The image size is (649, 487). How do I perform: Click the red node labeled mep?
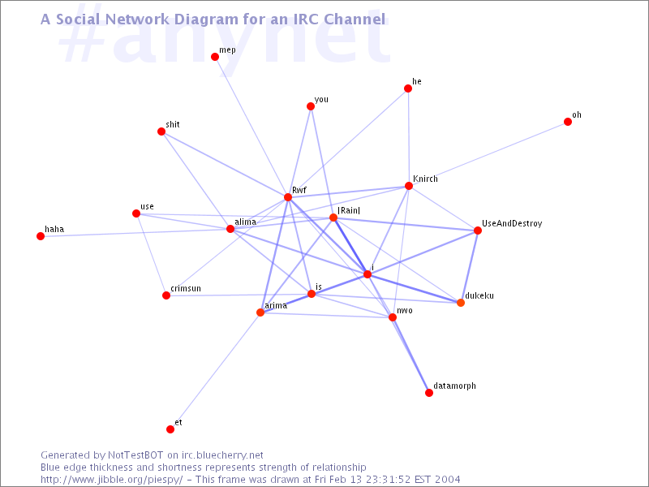tap(215, 57)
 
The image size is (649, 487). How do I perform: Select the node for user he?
tap(408, 88)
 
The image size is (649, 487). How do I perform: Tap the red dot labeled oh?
tap(568, 122)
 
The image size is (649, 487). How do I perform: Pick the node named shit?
tap(161, 131)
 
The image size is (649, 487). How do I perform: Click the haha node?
tap(41, 236)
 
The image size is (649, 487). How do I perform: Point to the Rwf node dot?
tap(288, 197)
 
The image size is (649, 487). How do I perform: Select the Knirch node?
tap(409, 186)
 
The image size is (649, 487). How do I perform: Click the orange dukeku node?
tap(461, 303)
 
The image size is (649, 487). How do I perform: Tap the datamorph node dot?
tap(429, 393)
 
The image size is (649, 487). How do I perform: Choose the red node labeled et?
tap(170, 429)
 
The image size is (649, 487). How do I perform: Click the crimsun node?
tap(166, 295)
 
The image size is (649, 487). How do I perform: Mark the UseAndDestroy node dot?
tap(478, 231)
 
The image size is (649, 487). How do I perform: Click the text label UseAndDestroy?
tap(512, 224)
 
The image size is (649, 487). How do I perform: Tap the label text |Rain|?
tap(349, 210)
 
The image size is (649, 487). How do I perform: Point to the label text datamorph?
tap(454, 386)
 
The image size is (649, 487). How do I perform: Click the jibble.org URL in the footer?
tap(111, 480)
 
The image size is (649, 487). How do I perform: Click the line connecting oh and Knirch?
tap(488, 154)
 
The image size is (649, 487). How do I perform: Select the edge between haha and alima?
tap(135, 233)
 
